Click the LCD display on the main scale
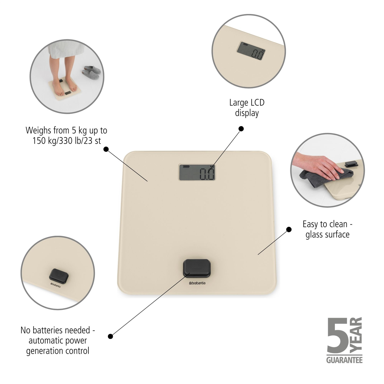pos(197,172)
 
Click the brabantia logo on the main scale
pos(197,284)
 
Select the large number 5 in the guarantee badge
pos(337,336)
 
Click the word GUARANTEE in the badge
pos(344,360)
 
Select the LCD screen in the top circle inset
pos(251,51)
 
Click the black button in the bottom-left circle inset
pos(59,275)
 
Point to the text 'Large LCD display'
pos(247,108)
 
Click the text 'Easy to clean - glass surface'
pos(327,229)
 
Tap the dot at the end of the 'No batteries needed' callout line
pos(111,336)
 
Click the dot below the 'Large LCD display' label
pos(241,129)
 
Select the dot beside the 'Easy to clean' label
pos(289,230)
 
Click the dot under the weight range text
pos(106,149)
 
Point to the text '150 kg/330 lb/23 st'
pos(67,141)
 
